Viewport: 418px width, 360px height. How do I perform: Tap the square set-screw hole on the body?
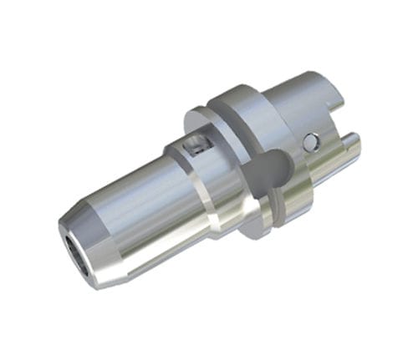195,147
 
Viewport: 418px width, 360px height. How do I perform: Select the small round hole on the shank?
312,141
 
